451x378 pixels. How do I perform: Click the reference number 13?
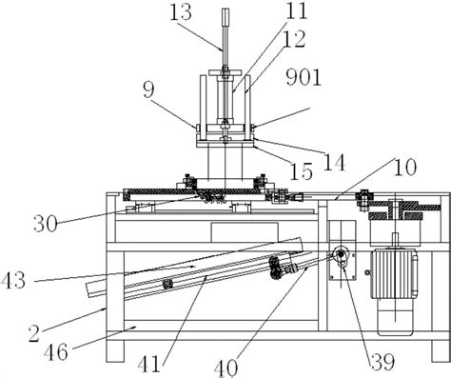click(181, 12)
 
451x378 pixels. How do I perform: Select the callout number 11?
click(297, 10)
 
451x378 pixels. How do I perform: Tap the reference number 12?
click(295, 39)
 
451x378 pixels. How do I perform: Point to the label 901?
click(304, 77)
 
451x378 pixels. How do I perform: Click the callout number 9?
click(148, 90)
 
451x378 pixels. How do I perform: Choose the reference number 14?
click(334, 162)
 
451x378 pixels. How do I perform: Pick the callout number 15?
click(302, 171)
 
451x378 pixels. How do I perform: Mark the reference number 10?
click(405, 168)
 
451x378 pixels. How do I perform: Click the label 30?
click(46, 224)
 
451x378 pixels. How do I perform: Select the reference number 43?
click(13, 281)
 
